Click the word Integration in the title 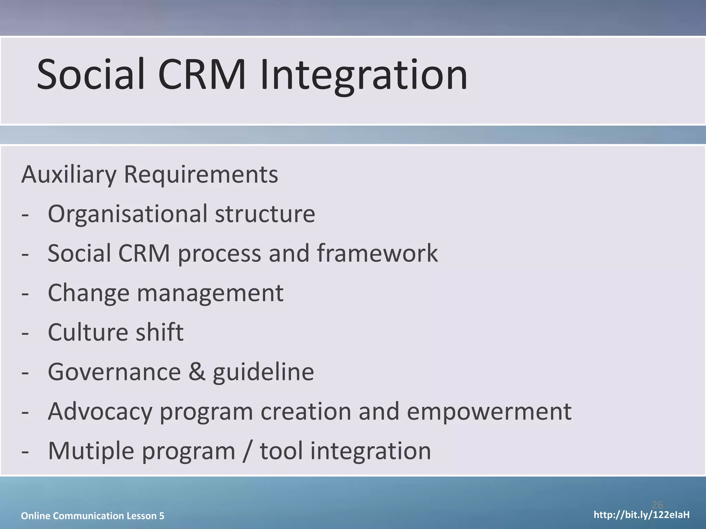pos(364,75)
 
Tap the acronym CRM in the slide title pos(202,75)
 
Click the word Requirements pos(201,175)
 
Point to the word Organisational pos(128,214)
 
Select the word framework pos(377,253)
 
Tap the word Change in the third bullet pos(89,293)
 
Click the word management pos(210,293)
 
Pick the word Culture pos(88,333)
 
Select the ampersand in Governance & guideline pos(196,372)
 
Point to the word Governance pos(114,372)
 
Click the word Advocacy pos(100,412)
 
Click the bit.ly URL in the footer pos(642,515)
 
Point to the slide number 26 pos(657,505)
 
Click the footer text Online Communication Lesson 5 pos(92,516)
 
